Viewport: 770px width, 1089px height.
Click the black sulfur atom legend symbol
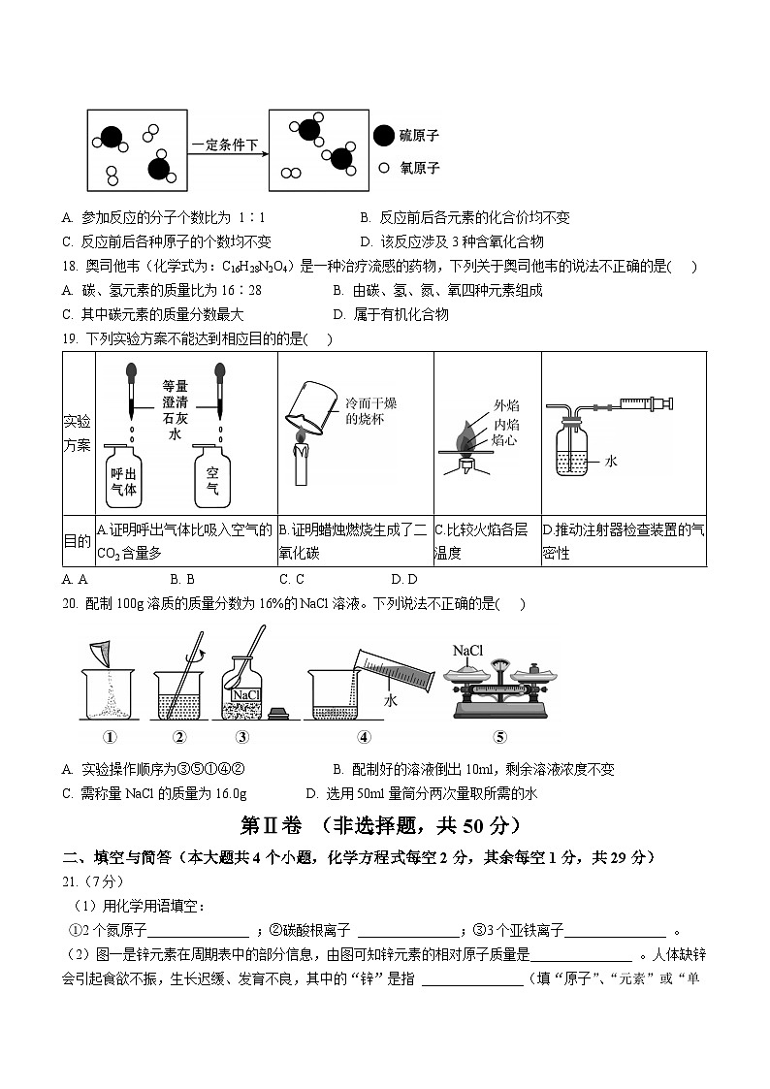point(384,137)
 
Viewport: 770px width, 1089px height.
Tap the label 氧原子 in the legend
point(420,168)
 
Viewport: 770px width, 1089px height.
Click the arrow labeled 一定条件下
point(226,146)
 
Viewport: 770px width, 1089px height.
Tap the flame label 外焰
point(505,406)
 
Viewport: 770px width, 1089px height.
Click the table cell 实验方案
point(78,432)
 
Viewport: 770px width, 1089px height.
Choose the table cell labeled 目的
point(78,540)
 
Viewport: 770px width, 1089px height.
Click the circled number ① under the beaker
point(111,737)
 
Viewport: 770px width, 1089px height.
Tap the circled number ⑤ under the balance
point(499,737)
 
